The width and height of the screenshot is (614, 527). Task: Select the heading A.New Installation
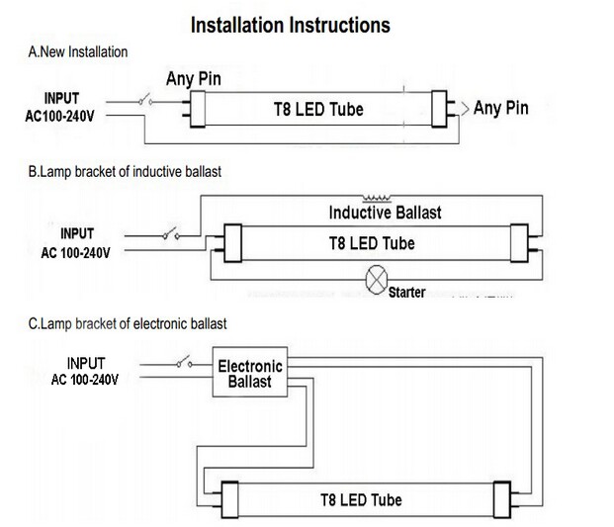[78, 50]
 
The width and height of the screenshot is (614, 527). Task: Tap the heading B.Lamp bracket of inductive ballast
[125, 172]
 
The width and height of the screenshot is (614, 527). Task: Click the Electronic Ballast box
[250, 373]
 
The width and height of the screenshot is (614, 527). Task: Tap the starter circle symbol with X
[376, 280]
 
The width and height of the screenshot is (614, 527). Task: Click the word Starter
[407, 293]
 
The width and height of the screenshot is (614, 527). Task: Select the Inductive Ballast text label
[385, 213]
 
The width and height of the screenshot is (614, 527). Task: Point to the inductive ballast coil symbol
[377, 197]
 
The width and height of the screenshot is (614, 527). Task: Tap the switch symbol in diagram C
[184, 364]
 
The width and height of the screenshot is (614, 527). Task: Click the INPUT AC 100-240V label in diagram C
[86, 371]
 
